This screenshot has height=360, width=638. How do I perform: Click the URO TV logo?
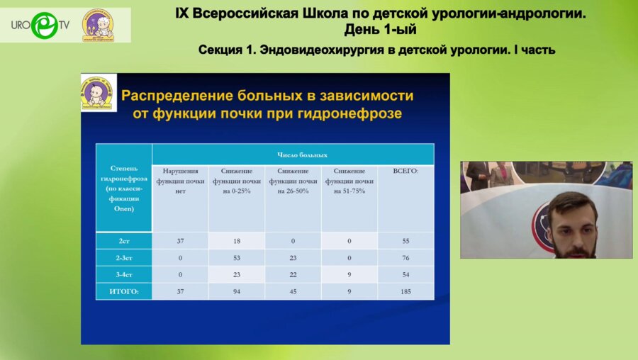point(40,25)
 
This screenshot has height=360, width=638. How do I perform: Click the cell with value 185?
point(405,291)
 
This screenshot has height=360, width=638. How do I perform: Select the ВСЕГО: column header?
point(405,171)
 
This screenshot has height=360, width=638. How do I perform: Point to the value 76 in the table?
point(405,257)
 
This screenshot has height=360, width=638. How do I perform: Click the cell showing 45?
point(293,291)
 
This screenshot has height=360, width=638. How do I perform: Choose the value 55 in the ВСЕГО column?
point(405,241)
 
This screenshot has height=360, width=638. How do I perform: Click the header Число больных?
point(292,154)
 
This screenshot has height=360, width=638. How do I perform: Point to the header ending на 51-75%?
point(349,181)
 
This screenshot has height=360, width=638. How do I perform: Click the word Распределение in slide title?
point(177,96)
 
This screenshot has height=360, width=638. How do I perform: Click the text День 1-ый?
point(380,30)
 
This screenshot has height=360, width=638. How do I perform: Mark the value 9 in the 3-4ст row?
point(349,274)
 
